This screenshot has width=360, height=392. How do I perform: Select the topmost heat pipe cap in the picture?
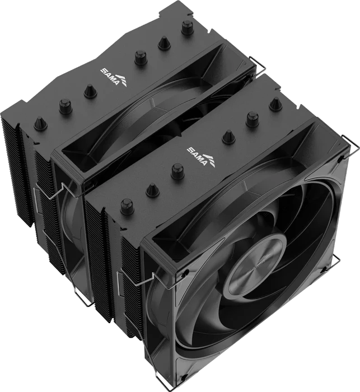(188, 28)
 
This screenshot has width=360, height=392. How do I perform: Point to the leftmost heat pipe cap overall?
(40, 124)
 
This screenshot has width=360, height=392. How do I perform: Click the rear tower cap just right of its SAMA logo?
(141, 58)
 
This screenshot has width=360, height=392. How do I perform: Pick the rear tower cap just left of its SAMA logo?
(90, 91)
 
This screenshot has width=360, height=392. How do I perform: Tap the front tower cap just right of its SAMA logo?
(228, 136)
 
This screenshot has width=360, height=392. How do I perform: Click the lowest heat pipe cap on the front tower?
(127, 207)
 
